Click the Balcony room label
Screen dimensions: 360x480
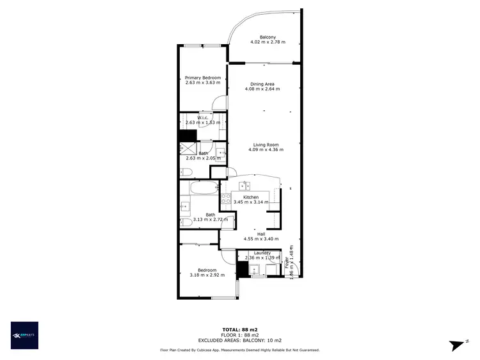pyautogui.click(x=268, y=37)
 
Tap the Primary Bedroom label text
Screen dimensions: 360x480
pyautogui.click(x=202, y=78)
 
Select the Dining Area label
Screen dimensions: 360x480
pyautogui.click(x=262, y=84)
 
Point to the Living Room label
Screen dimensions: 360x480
pyautogui.click(x=266, y=144)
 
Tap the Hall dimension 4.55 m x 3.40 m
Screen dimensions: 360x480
pyautogui.click(x=261, y=239)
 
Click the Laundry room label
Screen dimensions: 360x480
pyautogui.click(x=262, y=253)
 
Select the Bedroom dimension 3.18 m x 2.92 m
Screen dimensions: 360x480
pyautogui.click(x=207, y=275)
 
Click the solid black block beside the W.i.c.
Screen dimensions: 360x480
pyautogui.click(x=187, y=135)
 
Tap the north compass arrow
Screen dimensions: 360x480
pyautogui.click(x=456, y=345)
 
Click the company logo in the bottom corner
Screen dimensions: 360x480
pyautogui.click(x=24, y=335)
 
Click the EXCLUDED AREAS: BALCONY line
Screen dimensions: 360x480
pyautogui.click(x=239, y=340)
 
